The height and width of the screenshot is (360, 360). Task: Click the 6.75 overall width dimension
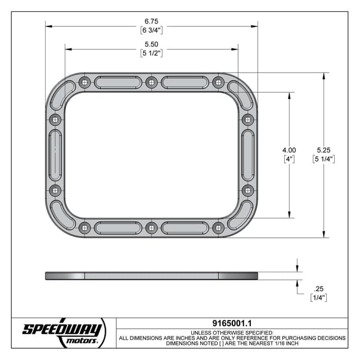tap(151, 20)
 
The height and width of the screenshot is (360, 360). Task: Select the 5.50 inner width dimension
tap(151, 44)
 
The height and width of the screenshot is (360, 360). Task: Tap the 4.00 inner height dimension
tap(289, 150)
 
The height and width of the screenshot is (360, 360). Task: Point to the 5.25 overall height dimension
tap(324, 150)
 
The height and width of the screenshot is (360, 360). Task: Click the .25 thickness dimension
tap(318, 287)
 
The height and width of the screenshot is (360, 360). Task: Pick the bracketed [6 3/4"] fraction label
tap(151, 30)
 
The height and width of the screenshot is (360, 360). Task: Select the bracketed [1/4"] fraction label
tap(318, 297)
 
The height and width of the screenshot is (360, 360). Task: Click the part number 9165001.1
tap(232, 323)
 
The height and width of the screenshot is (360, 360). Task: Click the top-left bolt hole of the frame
tap(85, 83)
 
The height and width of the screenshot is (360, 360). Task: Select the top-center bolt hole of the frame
tap(151, 83)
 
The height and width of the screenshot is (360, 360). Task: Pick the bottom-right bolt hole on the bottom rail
tap(218, 228)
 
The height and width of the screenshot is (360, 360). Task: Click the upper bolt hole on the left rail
tap(55, 120)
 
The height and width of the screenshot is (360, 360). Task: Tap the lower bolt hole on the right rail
tap(247, 190)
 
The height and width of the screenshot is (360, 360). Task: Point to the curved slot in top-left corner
tap(63, 94)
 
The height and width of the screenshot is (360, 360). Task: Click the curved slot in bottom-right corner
tap(240, 215)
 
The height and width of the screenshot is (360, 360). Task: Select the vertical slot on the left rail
tap(55, 155)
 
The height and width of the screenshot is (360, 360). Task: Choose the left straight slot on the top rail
tap(118, 83)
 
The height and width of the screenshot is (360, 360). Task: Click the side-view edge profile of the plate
tap(151, 276)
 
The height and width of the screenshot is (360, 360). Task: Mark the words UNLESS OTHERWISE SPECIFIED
tap(232, 332)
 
